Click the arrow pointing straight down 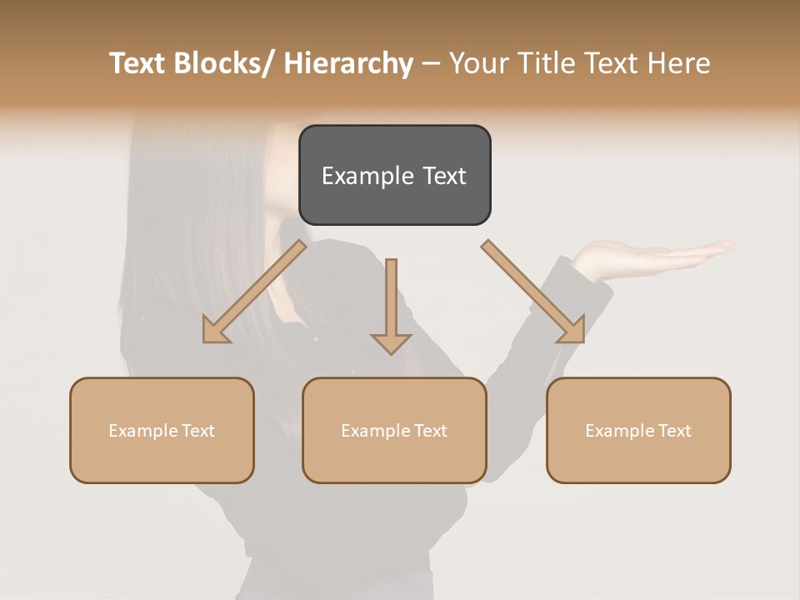point(391,308)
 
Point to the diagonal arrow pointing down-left point(254,292)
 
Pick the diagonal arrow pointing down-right point(533,292)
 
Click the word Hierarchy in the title point(348,63)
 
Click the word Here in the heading point(679,63)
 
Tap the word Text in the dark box point(444,176)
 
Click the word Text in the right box point(674,431)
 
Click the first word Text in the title point(138,63)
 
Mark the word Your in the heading point(479,63)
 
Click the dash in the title point(431,64)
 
